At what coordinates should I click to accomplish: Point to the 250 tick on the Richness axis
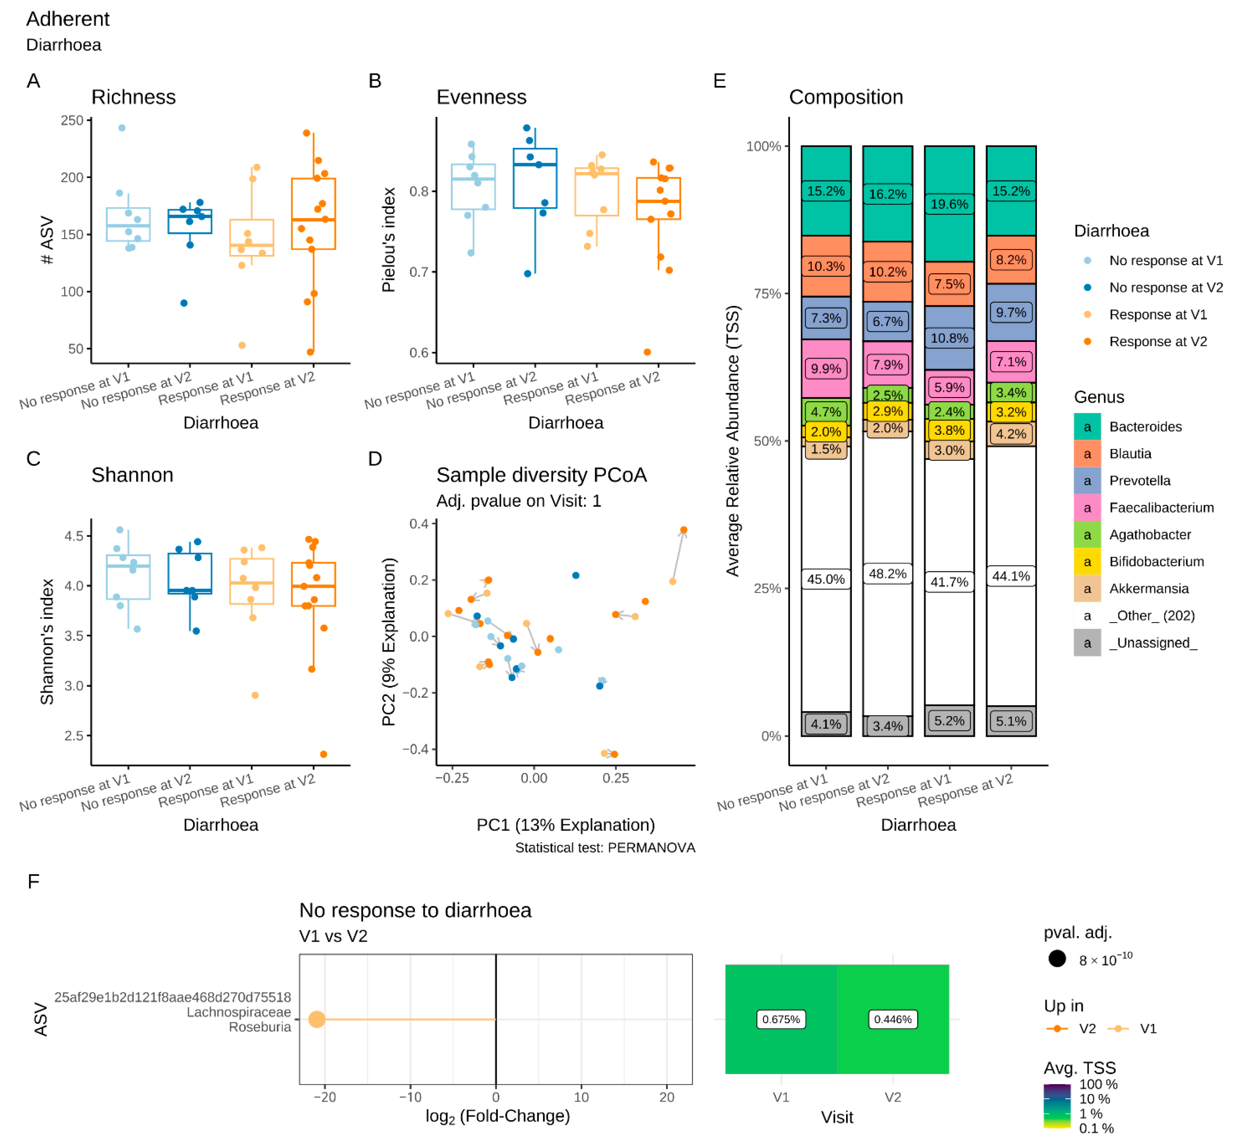[x=72, y=120]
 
